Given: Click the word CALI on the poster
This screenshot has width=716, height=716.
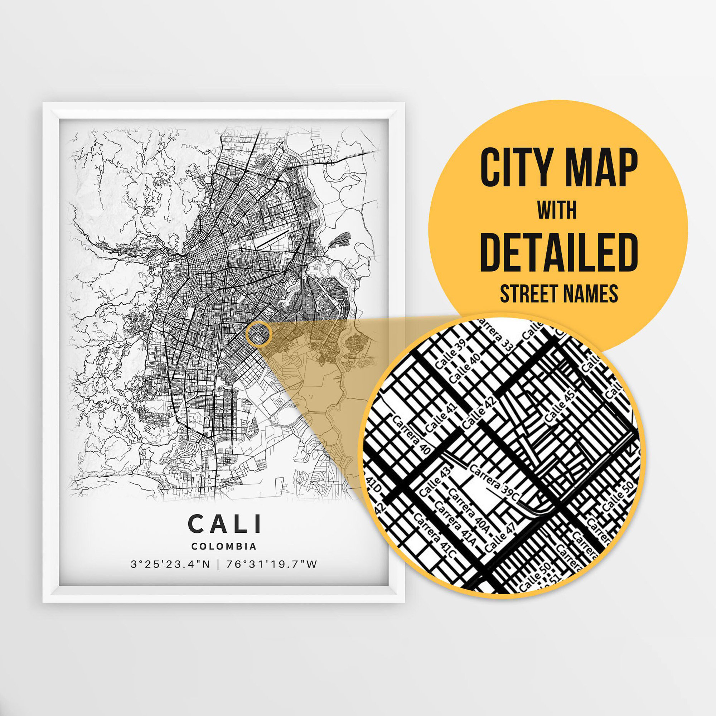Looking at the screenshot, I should pos(224,524).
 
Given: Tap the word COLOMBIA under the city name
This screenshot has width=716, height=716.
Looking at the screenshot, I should pos(224,546).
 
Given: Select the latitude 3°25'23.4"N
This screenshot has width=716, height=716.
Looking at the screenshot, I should pos(170,565).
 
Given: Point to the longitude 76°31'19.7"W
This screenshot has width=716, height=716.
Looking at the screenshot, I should pos(271,565).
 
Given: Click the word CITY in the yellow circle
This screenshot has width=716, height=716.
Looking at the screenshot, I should pos(519,168).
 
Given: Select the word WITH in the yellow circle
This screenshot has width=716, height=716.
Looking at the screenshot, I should pos(557,211).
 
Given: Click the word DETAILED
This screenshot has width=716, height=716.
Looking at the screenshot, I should pos(559,252).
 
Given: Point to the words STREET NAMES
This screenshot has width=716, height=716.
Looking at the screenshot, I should pos(559,294).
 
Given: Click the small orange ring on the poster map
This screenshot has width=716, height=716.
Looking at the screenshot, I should pos(260,334).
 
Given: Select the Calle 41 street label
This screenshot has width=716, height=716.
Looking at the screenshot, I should pos(441,417).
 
